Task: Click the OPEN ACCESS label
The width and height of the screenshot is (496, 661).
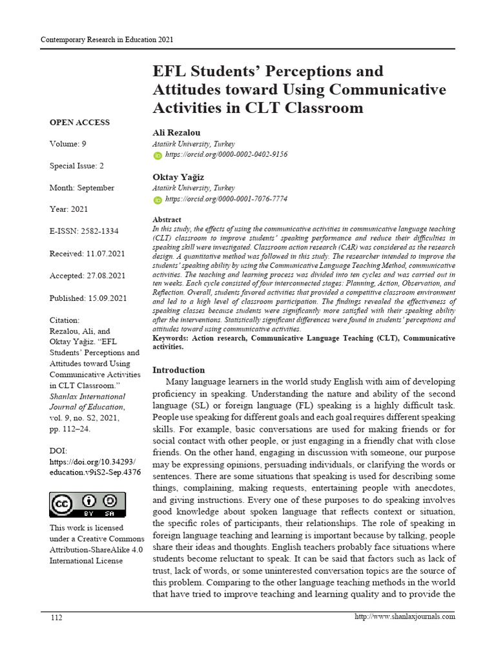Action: coord(79,123)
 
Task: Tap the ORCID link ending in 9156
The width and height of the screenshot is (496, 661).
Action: coord(226,155)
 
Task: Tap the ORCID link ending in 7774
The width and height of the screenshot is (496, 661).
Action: coord(226,199)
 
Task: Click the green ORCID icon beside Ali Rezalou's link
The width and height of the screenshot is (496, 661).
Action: coord(158,156)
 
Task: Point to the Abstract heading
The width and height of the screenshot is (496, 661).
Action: coord(167,220)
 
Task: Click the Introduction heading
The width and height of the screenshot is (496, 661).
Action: coord(178,370)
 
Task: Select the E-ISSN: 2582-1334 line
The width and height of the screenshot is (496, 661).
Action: coord(84,231)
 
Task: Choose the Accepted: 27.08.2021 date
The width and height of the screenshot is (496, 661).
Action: coord(88,276)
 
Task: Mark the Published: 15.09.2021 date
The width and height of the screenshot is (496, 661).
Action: coord(88,298)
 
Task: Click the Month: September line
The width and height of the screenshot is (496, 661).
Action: coord(82,188)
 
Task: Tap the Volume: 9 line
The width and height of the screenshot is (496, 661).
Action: coord(68,144)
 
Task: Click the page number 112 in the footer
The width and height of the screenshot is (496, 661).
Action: coord(57,618)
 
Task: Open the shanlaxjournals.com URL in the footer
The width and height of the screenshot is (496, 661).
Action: coord(405,616)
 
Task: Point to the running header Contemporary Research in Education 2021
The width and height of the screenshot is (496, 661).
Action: coord(107,40)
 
